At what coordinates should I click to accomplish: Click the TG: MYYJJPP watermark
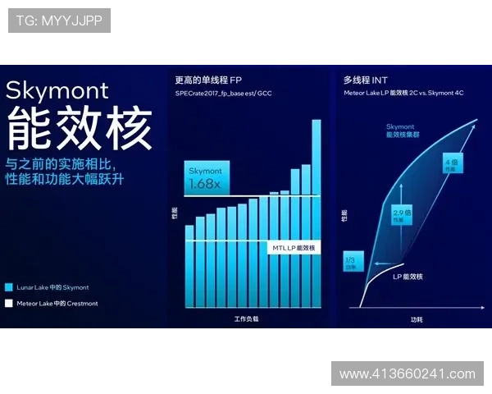click(x=58, y=20)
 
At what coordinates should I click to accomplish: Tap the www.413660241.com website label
click(x=407, y=374)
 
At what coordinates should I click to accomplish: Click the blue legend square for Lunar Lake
click(x=9, y=287)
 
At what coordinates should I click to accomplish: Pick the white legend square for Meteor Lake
click(x=9, y=304)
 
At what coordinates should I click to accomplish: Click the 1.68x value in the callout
click(x=204, y=185)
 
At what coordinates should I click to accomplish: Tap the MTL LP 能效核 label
click(x=293, y=247)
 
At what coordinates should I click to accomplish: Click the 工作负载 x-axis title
click(x=245, y=318)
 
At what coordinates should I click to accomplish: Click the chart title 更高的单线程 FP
click(x=208, y=80)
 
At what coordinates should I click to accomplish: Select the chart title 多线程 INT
click(x=365, y=80)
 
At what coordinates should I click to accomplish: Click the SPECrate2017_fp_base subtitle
click(x=223, y=94)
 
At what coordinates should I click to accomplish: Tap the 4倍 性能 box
click(x=450, y=164)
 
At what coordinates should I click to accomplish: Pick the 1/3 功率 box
click(x=350, y=263)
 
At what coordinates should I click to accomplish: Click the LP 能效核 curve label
click(x=408, y=277)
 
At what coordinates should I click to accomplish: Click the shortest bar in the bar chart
click(x=189, y=264)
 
